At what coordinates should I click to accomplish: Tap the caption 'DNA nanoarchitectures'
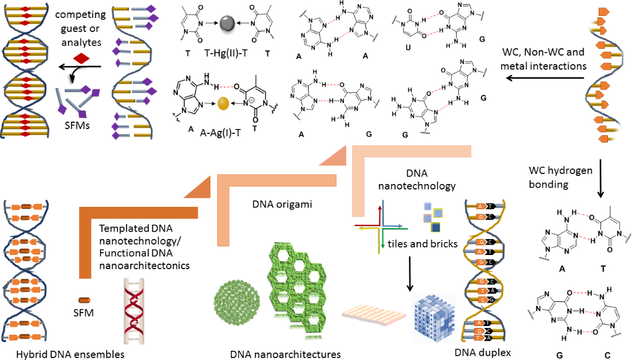(x=285, y=354)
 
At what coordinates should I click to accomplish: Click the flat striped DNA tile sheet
(x=373, y=313)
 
